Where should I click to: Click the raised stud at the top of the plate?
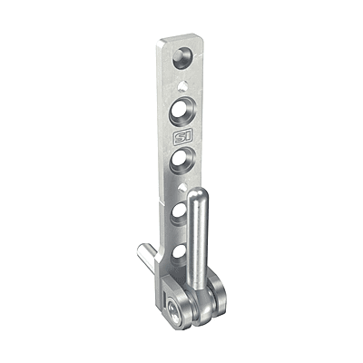[x=182, y=57]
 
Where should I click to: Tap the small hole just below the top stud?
[x=182, y=85]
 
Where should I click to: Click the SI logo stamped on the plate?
[x=181, y=137]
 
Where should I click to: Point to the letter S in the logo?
[x=178, y=138]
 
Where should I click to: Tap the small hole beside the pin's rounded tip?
[x=182, y=188]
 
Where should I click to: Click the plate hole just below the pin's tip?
[x=180, y=214]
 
